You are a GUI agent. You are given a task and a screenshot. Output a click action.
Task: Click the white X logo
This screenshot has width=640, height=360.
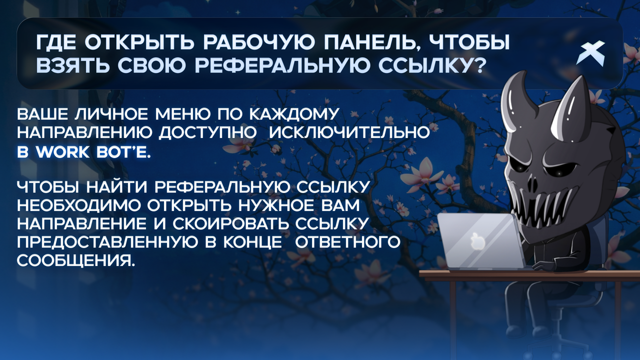coord(590,53)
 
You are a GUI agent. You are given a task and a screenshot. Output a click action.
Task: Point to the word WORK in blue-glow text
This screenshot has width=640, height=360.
coord(63,152)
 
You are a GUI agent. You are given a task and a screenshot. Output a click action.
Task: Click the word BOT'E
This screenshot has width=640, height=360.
coord(123,152)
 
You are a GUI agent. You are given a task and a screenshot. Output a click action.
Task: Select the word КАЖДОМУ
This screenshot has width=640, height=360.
coord(294,114)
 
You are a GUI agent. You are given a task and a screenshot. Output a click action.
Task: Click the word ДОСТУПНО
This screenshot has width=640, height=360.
coord(207,133)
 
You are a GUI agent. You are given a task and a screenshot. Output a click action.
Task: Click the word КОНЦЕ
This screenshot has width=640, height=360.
coord(252,242)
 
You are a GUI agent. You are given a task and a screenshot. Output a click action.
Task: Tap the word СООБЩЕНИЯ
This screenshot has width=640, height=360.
coord(75,261)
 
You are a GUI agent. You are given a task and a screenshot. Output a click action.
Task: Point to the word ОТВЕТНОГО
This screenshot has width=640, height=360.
coord(347,242)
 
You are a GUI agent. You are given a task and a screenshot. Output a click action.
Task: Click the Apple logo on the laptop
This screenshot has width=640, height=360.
coord(478,241)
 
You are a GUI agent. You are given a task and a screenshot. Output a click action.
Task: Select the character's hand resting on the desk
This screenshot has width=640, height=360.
coord(543,266)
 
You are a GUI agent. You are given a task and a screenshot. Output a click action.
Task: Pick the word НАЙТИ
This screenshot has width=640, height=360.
coord(117,187)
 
